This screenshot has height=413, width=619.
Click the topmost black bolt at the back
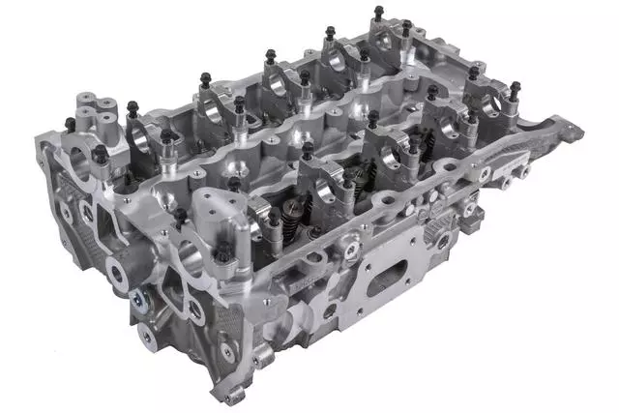click(377, 13)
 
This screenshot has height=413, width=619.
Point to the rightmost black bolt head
click(515, 89)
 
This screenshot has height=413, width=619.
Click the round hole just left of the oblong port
click(330, 310)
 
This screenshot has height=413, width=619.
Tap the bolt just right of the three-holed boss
click(133, 107)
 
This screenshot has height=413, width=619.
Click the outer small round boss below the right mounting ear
click(505, 180)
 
